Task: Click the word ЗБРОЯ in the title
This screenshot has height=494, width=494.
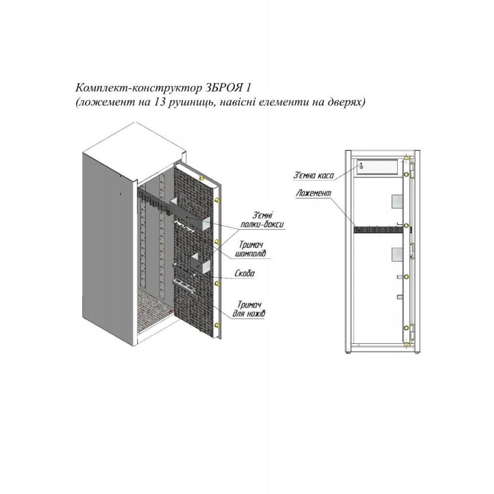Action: (x=223, y=87)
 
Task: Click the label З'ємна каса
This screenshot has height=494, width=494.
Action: (x=313, y=175)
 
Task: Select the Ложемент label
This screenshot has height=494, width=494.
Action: (x=314, y=193)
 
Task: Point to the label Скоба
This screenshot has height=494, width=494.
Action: (x=245, y=274)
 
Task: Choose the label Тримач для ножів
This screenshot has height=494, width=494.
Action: (x=249, y=309)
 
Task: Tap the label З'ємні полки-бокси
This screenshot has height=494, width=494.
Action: (x=262, y=220)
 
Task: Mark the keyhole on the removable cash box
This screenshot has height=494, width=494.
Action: (x=362, y=167)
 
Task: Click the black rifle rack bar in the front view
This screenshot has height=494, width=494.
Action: (x=378, y=230)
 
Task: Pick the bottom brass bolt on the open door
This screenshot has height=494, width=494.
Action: (x=217, y=325)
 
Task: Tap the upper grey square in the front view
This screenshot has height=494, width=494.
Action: (x=397, y=201)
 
